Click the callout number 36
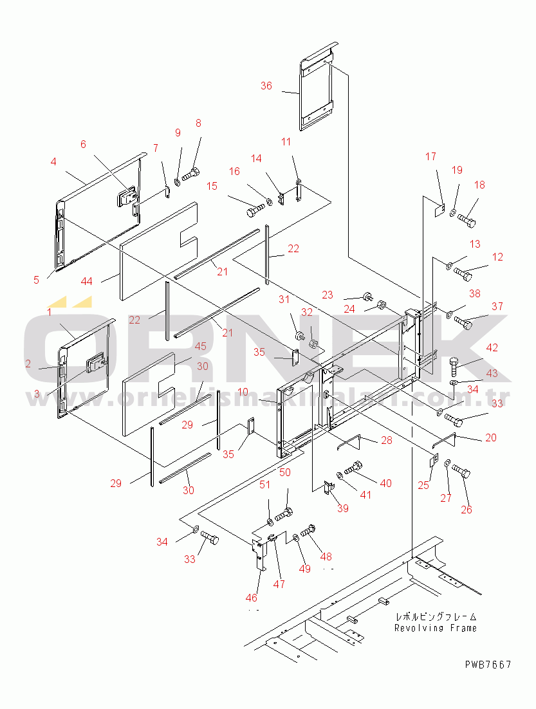point(266,86)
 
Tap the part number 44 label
point(86,281)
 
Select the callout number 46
point(252,598)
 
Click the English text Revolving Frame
point(436,628)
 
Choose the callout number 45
point(200,347)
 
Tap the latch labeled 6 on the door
point(127,196)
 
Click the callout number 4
point(53,161)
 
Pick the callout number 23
point(328,295)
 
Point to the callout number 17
point(430,156)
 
